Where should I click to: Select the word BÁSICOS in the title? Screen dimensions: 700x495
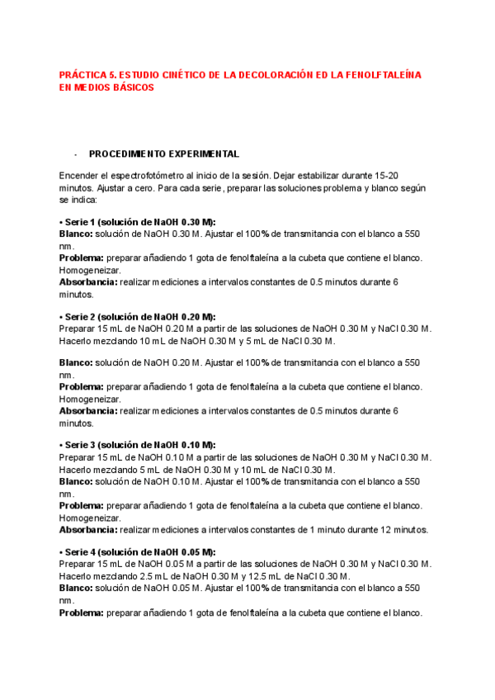130,87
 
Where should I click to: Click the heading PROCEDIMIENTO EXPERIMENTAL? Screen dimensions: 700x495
163,154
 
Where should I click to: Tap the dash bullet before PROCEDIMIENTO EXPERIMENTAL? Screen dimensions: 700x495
75,154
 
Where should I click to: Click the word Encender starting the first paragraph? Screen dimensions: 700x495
79,176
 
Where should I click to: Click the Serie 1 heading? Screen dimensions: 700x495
137,222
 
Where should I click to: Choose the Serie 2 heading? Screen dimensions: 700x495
137,316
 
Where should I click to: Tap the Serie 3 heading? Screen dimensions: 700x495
137,444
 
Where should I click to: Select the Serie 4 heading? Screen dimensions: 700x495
137,551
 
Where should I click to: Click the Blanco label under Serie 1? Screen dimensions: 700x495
76,234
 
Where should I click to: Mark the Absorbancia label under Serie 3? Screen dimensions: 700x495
88,530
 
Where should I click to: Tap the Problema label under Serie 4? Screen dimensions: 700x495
81,612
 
